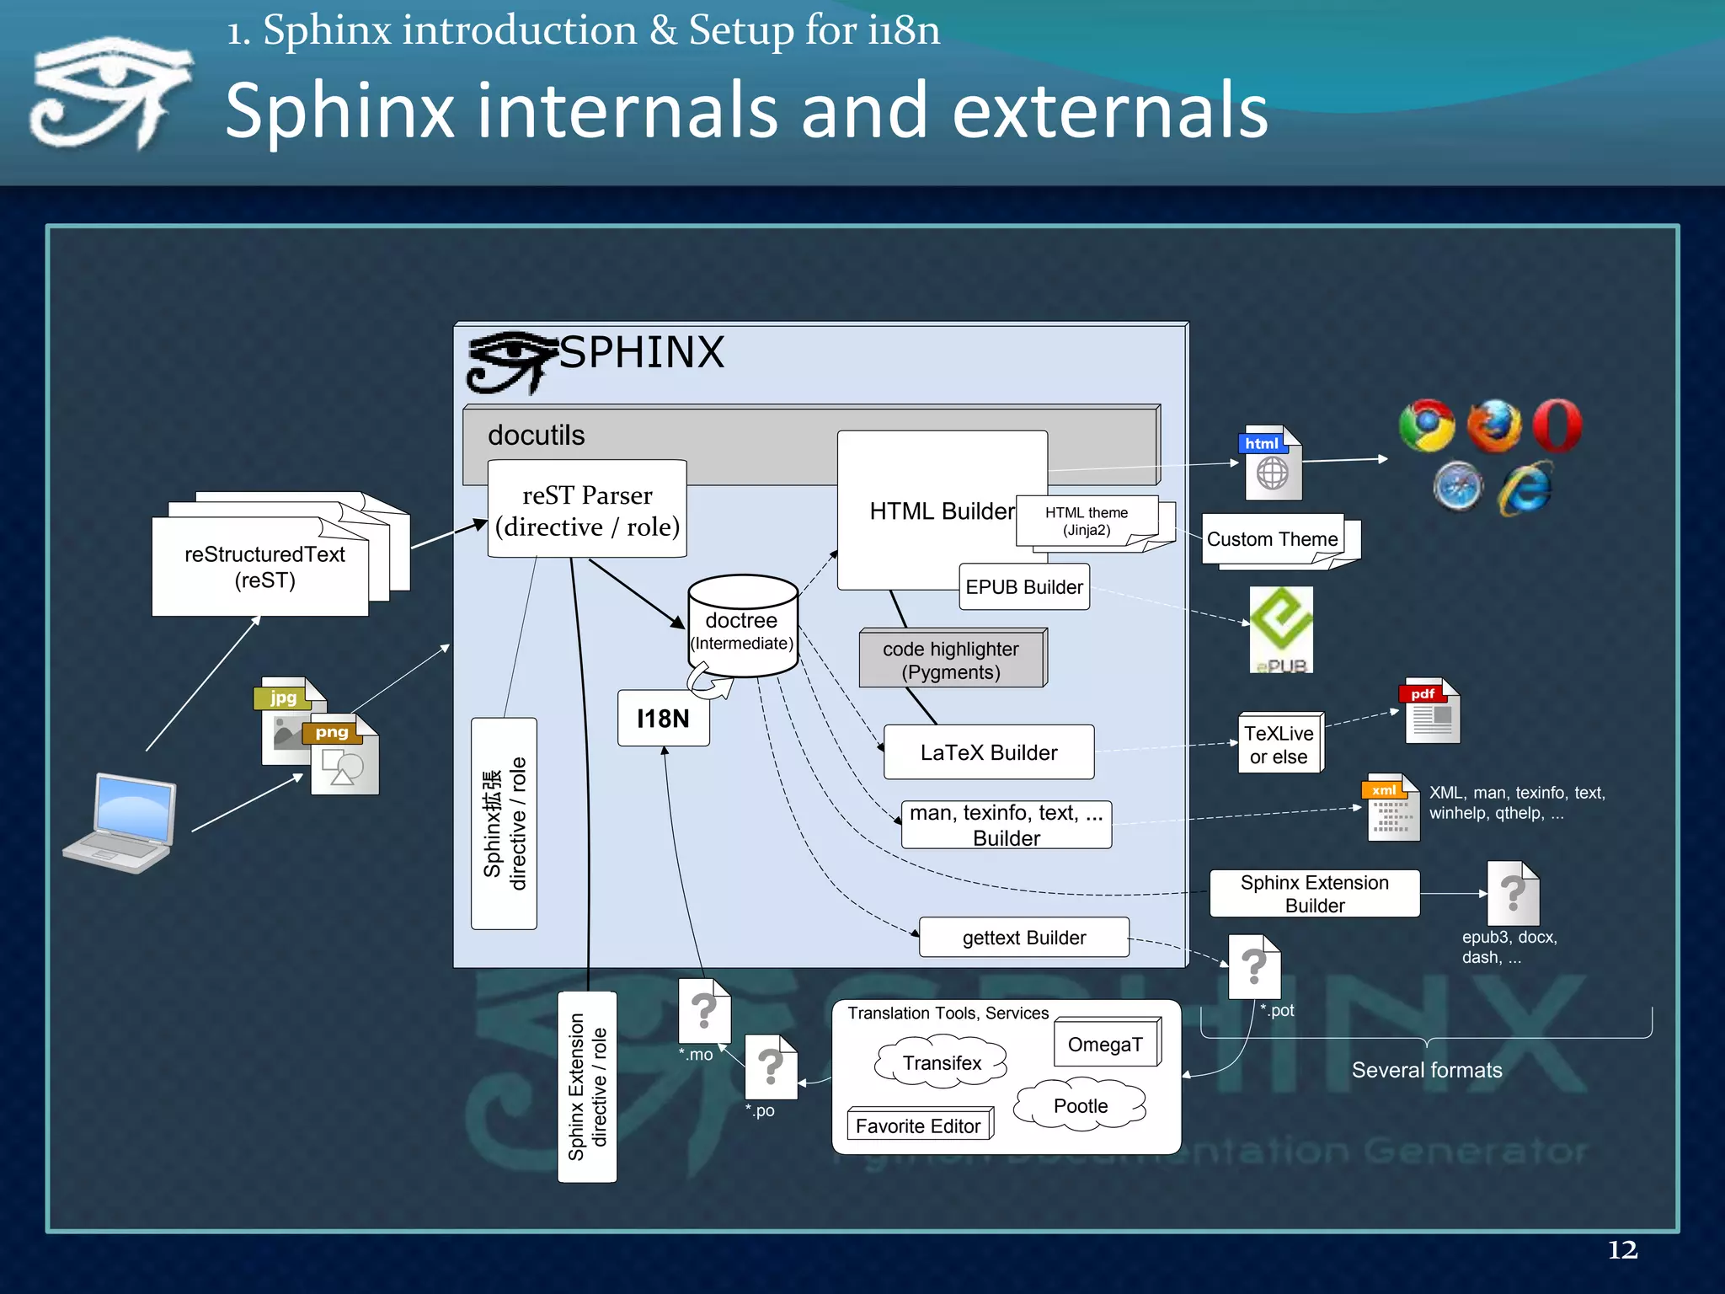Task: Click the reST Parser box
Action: tap(587, 509)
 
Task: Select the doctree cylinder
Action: tap(742, 628)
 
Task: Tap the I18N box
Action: tap(663, 719)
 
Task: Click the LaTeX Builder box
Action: tap(988, 752)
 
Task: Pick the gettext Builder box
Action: tap(1023, 938)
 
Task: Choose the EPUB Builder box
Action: tap(1023, 587)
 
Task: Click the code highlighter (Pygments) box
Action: tap(951, 660)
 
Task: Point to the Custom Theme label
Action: tap(1272, 539)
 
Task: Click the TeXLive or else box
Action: tap(1279, 744)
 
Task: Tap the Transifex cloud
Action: tap(942, 1063)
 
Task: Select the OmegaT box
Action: tap(1105, 1045)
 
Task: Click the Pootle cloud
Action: tap(1081, 1105)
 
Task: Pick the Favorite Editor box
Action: tap(918, 1126)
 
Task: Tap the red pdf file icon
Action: tap(1431, 711)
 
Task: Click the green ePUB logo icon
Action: tap(1280, 628)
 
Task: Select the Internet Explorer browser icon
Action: tap(1525, 488)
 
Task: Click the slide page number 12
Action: tap(1622, 1249)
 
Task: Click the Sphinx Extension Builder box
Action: tap(1314, 894)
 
